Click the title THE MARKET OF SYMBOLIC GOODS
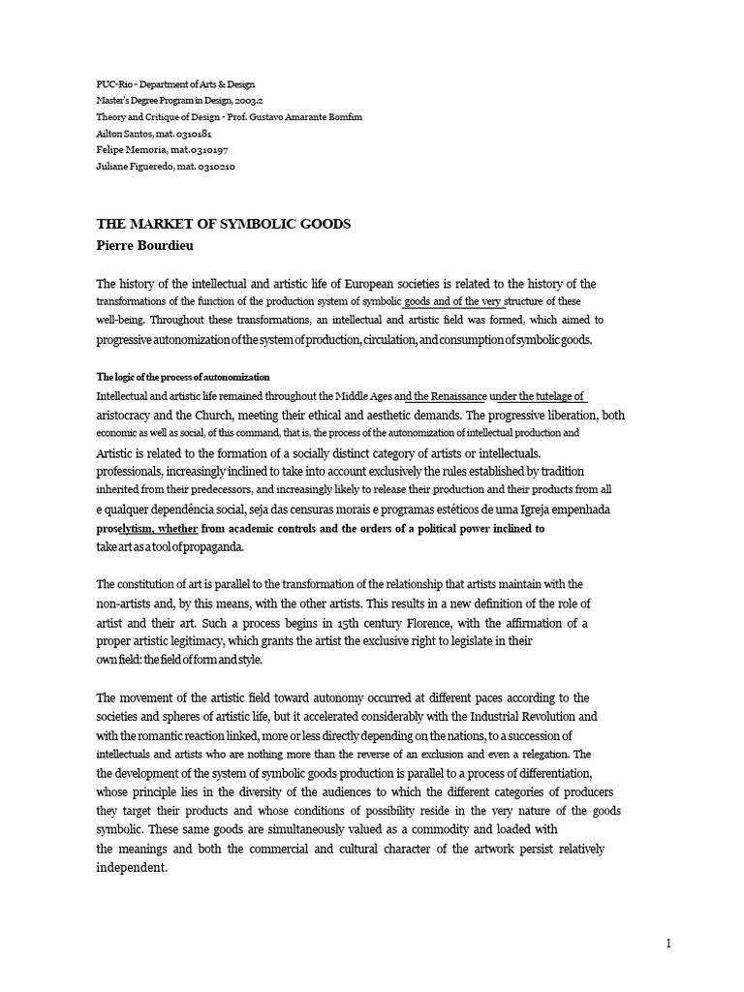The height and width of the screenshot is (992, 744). coord(223,224)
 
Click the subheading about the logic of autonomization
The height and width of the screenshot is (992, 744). coord(183,376)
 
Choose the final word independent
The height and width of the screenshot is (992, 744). coord(132,868)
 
